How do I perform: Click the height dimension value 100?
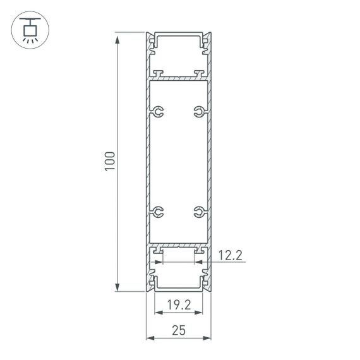tap(110, 162)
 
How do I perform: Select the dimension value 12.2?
tap(229, 255)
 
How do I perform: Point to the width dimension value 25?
tap(179, 330)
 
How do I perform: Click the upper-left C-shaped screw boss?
tap(158, 113)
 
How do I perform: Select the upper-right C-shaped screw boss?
tap(199, 113)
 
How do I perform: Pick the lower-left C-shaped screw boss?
tap(158, 211)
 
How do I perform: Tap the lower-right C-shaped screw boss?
tap(199, 211)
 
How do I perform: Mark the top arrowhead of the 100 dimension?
tap(117, 38)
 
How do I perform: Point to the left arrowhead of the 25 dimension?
tap(150, 339)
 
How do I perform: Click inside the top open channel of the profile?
tap(179, 47)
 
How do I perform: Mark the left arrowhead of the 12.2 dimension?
tap(165, 263)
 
